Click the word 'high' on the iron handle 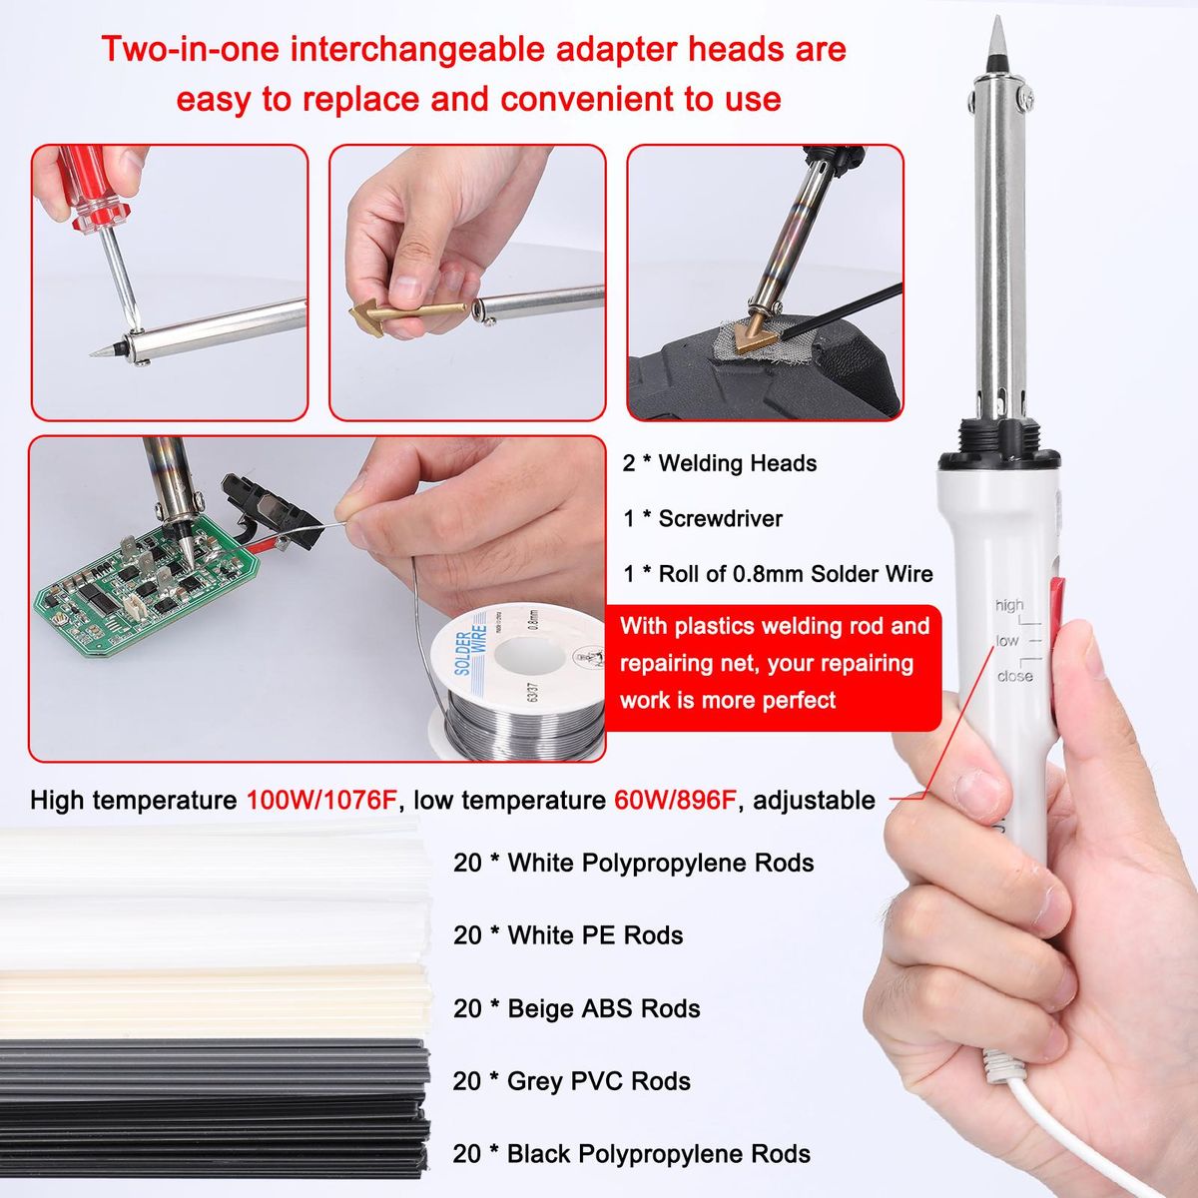[1009, 605]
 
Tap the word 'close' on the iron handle [1014, 675]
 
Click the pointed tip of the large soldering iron [997, 17]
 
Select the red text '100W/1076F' [320, 800]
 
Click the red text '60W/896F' [676, 800]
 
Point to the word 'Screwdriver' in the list [721, 518]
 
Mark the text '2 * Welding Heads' [720, 463]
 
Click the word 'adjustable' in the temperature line [814, 801]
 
